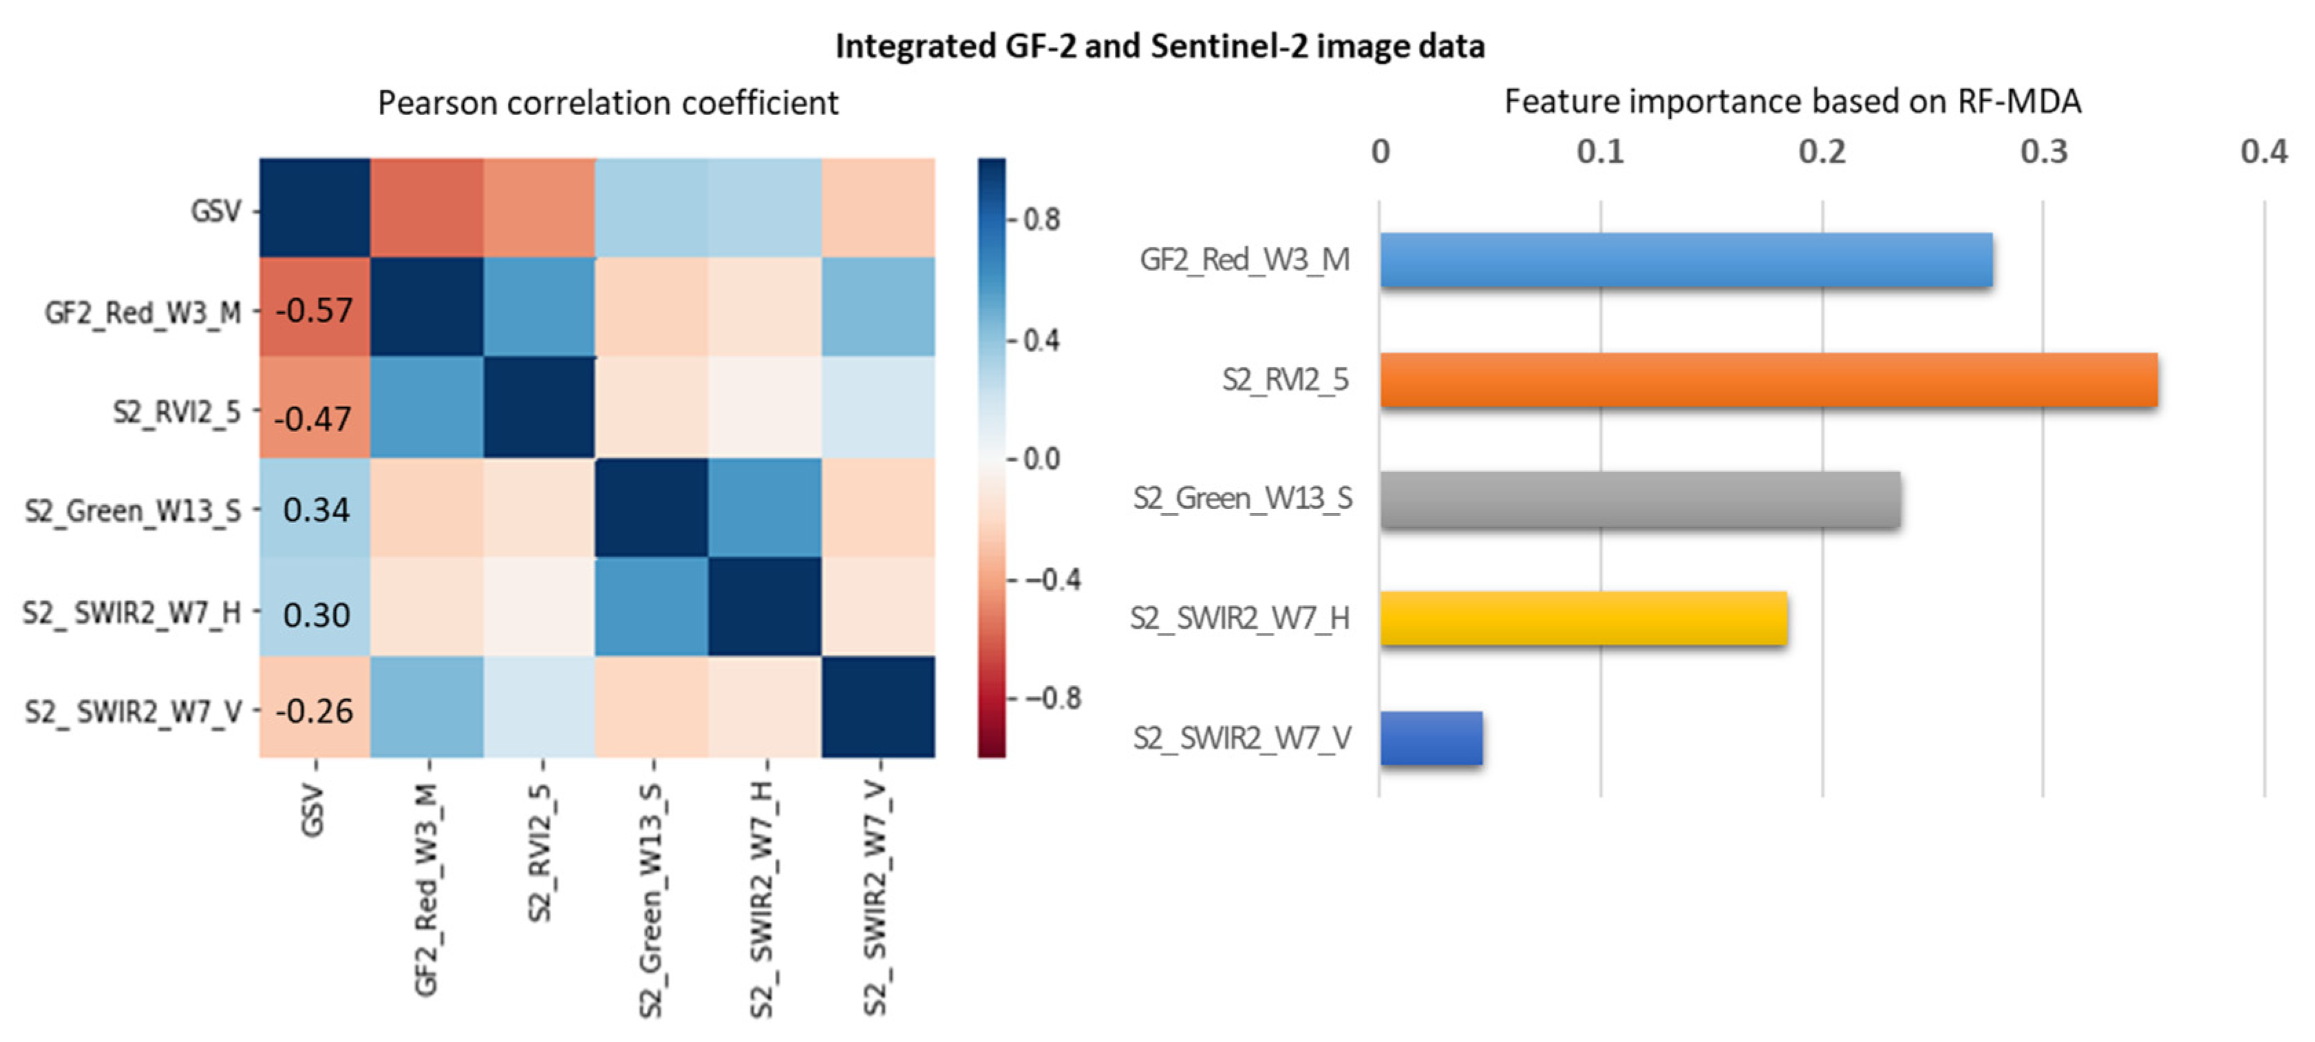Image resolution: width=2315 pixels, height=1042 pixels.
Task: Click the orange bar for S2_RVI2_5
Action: click(1768, 380)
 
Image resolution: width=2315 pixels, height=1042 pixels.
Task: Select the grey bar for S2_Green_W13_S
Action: click(1639, 499)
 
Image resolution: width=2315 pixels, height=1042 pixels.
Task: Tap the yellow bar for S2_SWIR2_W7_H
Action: click(1583, 618)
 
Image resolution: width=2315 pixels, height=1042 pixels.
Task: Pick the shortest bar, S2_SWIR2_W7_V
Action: click(1431, 738)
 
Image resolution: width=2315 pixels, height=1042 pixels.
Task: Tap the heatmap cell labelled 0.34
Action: click(314, 509)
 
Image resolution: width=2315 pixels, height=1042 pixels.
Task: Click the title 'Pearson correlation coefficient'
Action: click(608, 103)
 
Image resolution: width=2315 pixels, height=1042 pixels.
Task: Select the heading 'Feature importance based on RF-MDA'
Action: click(1792, 102)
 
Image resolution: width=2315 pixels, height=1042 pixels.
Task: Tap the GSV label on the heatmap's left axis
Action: click(215, 211)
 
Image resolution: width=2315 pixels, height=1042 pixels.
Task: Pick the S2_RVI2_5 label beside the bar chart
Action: click(1284, 380)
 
